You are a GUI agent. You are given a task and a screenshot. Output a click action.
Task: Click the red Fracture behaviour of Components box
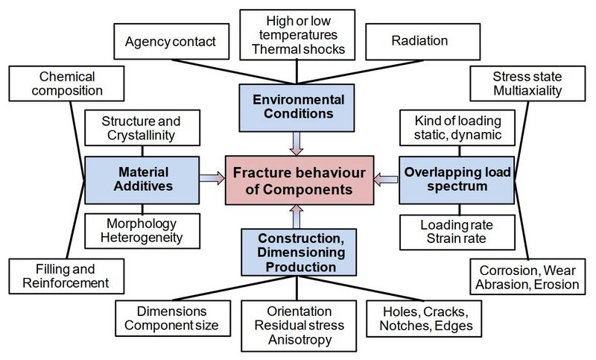(x=299, y=180)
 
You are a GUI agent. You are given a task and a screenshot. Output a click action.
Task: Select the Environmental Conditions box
(x=297, y=108)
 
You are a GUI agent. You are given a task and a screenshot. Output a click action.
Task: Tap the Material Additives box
(x=142, y=180)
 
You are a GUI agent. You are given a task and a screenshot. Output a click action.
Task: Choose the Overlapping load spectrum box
(x=457, y=180)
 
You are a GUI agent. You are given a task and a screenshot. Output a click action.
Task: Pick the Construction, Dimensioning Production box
(x=299, y=252)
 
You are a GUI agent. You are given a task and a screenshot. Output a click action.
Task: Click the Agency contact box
(x=171, y=42)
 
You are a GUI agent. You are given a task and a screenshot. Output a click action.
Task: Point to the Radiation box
(x=422, y=42)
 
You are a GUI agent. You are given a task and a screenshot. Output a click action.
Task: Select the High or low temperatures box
(x=297, y=35)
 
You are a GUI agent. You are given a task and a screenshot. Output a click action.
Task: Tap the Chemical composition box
(x=66, y=83)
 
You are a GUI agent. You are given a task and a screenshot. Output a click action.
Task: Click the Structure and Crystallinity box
(x=142, y=127)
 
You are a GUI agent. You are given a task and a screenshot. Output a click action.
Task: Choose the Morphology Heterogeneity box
(x=142, y=231)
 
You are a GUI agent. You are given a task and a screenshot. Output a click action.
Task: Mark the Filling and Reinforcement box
(x=66, y=277)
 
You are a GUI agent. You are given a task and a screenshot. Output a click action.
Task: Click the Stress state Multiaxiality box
(x=527, y=83)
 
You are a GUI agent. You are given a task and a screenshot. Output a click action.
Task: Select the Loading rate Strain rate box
(x=457, y=233)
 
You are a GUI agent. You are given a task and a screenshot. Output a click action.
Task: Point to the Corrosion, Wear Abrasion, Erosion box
(x=527, y=277)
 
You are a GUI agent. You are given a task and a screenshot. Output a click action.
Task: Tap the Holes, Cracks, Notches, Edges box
(x=424, y=318)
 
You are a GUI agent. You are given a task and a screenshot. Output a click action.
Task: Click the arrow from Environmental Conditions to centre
(x=297, y=144)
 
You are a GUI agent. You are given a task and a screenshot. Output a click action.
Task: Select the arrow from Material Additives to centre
(x=212, y=178)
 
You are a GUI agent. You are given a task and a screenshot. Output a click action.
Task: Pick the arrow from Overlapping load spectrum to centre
(x=386, y=179)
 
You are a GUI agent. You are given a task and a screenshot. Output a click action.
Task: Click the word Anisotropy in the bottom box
(x=300, y=339)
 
